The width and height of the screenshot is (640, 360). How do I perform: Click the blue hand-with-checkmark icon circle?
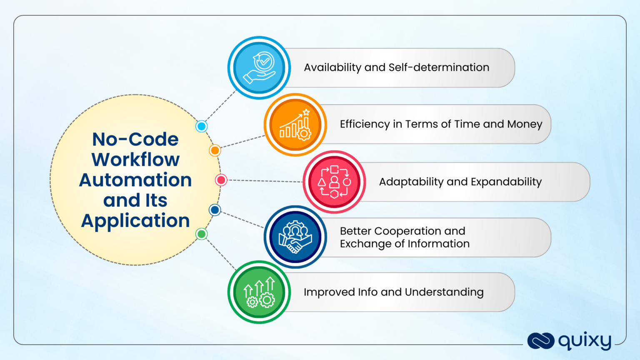(x=259, y=68)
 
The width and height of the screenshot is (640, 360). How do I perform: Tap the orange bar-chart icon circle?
(x=295, y=125)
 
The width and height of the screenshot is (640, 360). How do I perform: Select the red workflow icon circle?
(x=334, y=182)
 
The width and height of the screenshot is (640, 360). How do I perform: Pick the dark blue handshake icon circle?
(x=295, y=237)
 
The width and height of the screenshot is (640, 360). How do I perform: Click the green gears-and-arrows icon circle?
(x=259, y=292)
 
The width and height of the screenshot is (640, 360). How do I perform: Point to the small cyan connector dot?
(x=201, y=126)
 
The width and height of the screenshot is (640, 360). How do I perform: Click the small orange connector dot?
(x=215, y=150)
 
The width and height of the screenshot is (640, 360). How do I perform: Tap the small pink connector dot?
(x=221, y=180)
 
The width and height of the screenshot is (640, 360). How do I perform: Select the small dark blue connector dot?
(x=215, y=210)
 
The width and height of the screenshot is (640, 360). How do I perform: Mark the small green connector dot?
(x=201, y=234)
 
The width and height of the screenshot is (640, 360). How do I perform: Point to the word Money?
(x=525, y=124)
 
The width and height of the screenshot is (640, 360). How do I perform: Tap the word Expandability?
(x=506, y=182)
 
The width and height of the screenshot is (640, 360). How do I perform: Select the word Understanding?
(x=444, y=292)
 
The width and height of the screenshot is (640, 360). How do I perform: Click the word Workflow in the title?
(x=135, y=160)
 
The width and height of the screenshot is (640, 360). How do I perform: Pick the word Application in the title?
(x=135, y=221)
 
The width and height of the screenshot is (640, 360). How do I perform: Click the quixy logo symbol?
(x=541, y=341)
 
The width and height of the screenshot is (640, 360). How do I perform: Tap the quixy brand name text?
(x=585, y=341)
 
